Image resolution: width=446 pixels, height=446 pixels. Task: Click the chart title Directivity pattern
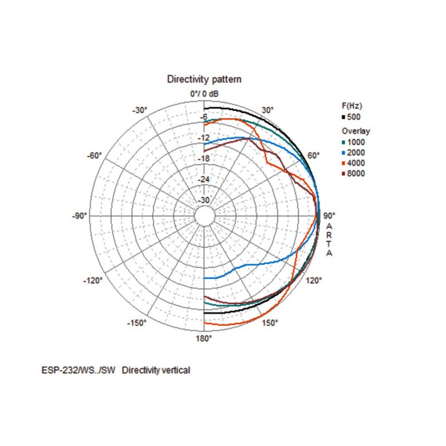(204, 80)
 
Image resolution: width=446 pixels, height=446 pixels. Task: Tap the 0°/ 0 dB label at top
(204, 94)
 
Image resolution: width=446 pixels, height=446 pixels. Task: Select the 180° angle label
(204, 338)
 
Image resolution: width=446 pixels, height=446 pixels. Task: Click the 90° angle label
(329, 216)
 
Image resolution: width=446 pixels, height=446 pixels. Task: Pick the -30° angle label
(139, 110)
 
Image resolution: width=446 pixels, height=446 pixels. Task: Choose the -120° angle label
(94, 280)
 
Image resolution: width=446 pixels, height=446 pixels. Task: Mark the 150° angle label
(270, 323)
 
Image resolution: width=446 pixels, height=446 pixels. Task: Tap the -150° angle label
(137, 323)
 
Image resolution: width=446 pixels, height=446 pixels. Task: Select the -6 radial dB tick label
(204, 117)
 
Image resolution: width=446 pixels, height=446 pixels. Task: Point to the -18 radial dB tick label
(204, 159)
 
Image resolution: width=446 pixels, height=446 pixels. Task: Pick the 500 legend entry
(353, 117)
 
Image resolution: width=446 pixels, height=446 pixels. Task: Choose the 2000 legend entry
(356, 153)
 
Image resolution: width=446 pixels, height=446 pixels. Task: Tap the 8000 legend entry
(356, 174)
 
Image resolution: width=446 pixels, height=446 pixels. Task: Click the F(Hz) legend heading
(352, 105)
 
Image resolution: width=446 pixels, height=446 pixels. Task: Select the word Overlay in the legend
(356, 131)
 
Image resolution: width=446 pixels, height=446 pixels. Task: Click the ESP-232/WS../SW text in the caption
(78, 370)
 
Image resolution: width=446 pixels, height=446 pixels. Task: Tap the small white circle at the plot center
(204, 216)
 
